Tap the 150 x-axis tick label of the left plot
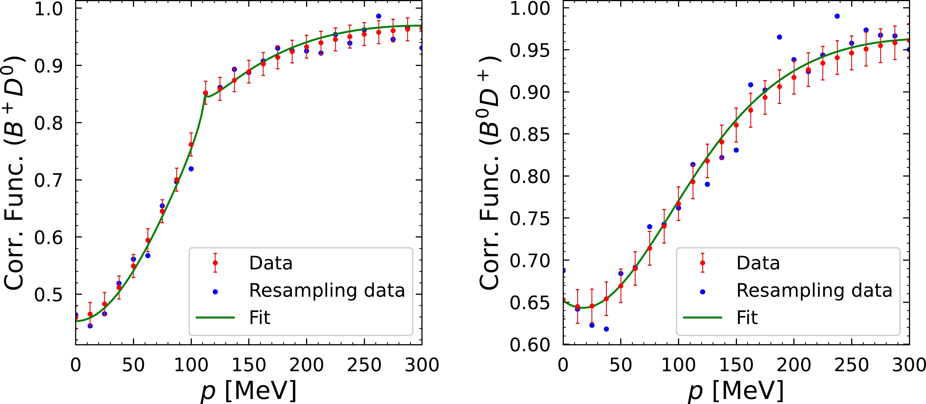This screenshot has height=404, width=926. point(249,365)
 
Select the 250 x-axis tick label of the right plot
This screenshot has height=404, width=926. point(851,365)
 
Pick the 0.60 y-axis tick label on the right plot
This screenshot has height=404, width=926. point(529,345)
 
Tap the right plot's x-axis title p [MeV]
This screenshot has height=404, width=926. point(736,391)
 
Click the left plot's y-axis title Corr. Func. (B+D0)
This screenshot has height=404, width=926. point(14,173)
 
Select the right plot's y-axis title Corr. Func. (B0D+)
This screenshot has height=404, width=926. point(490,173)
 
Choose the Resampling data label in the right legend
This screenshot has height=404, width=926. point(814,291)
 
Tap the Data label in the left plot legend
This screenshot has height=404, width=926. point(271,263)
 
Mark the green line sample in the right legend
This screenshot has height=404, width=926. point(702,318)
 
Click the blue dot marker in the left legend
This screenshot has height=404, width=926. point(215,292)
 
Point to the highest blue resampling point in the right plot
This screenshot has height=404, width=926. point(837,16)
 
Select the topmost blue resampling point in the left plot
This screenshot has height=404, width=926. point(378,16)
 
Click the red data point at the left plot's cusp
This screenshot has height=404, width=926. point(205,93)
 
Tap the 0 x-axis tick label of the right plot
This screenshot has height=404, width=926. point(563,365)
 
